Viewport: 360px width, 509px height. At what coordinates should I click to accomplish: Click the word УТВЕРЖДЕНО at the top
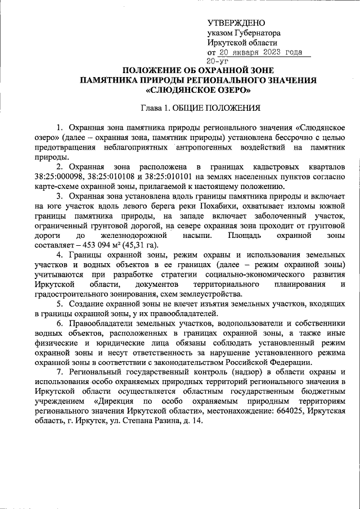coord(236,23)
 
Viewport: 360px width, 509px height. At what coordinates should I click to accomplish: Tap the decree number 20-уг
coord(217,61)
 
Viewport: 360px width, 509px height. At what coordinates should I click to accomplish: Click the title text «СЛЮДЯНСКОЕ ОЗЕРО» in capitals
coord(198,90)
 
